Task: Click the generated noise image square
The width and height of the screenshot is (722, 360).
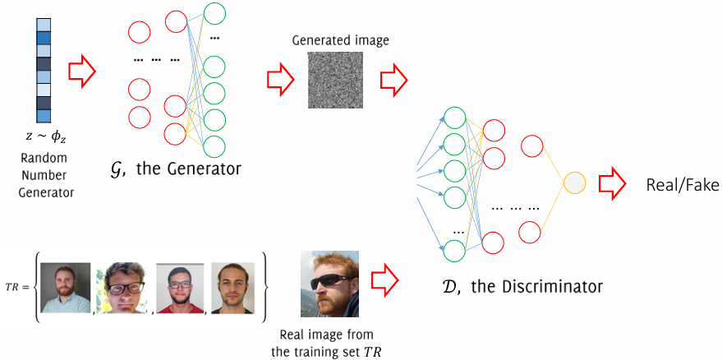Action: (x=335, y=81)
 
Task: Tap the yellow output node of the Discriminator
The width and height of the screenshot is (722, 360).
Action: (x=574, y=182)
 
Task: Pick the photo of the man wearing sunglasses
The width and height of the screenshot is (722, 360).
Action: (x=329, y=283)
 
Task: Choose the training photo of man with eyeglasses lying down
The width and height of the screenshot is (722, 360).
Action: (x=124, y=288)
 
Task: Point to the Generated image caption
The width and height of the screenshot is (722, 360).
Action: (x=340, y=40)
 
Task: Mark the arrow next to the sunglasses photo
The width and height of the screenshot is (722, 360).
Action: (x=384, y=281)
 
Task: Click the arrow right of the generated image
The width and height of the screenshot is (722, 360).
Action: (x=393, y=80)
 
